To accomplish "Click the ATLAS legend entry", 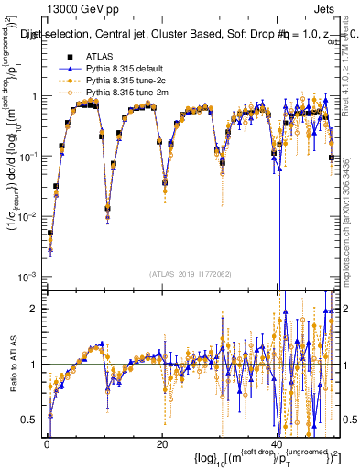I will pyautogui.click(x=99, y=57).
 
